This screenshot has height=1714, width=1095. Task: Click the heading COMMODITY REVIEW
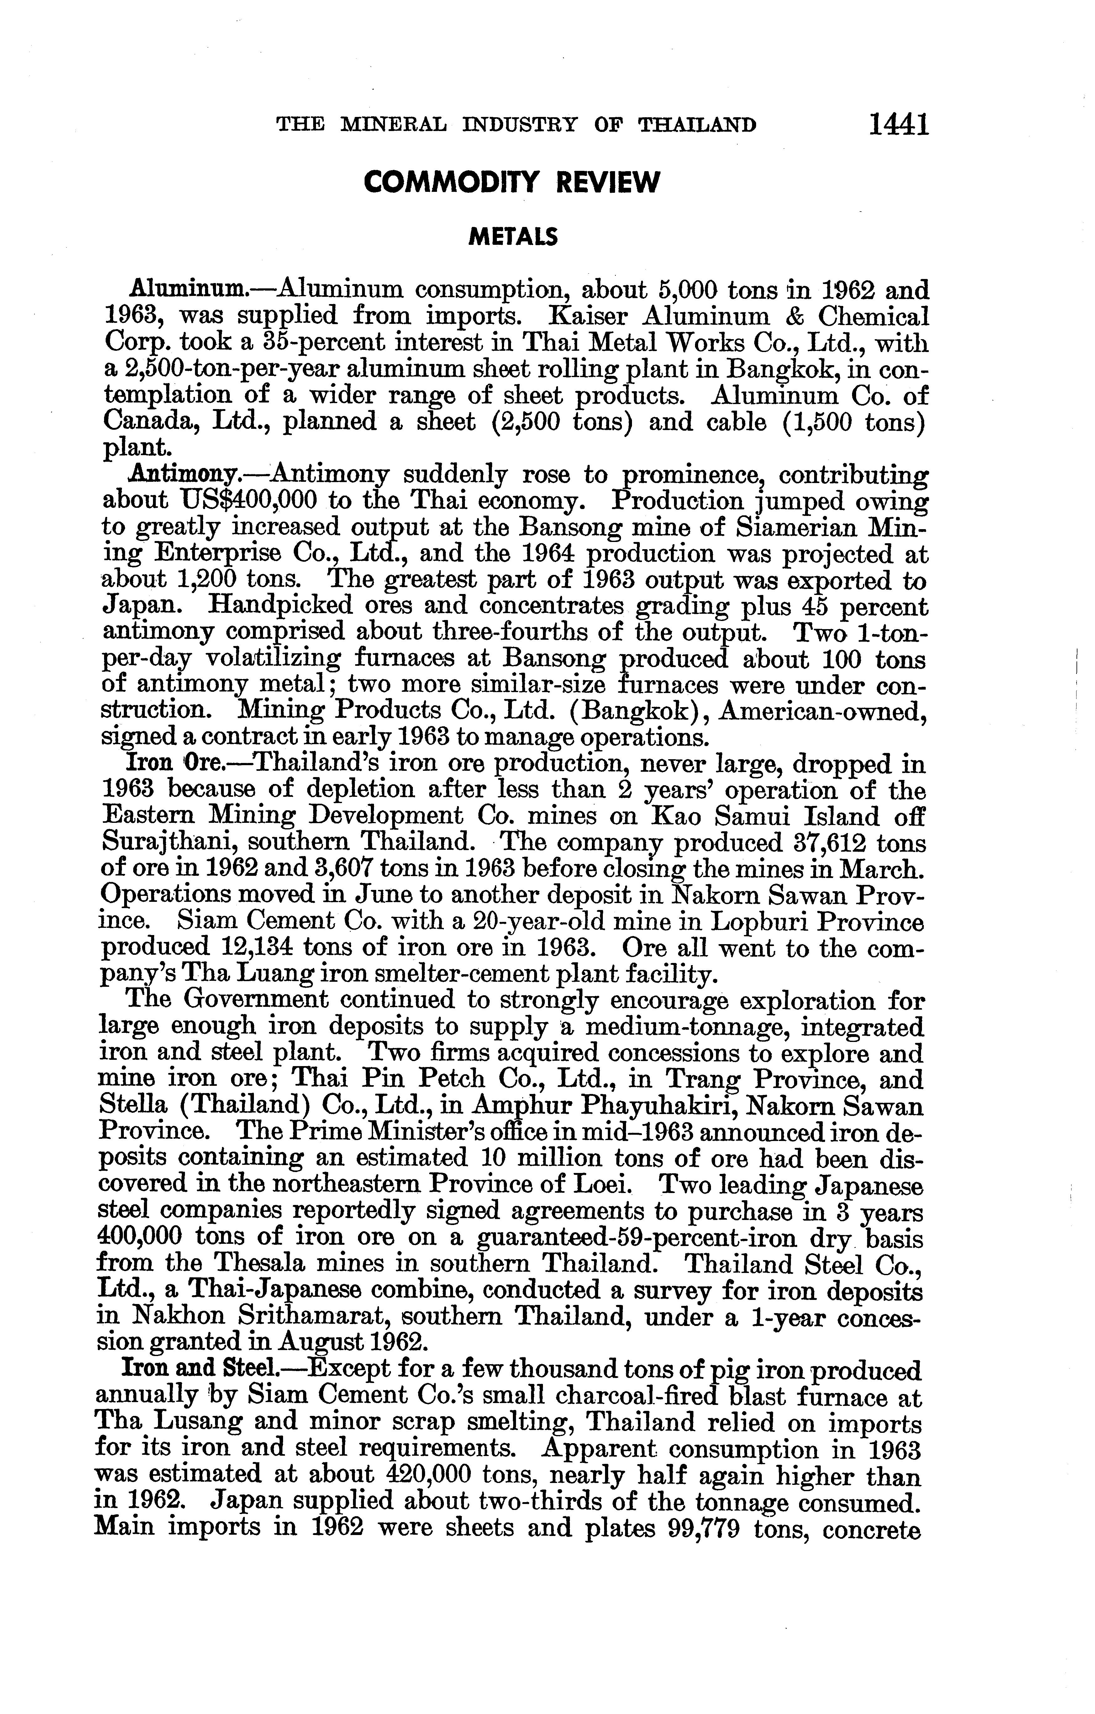click(511, 183)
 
